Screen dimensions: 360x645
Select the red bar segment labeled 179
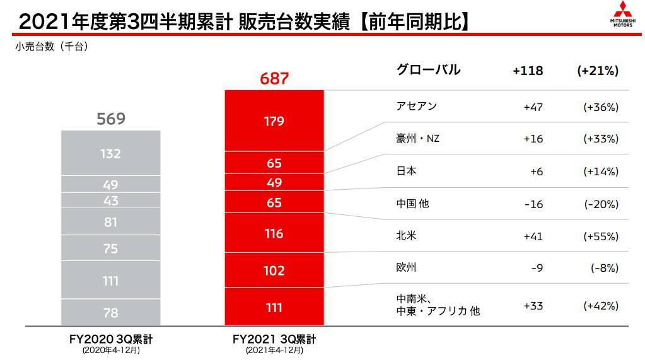(x=274, y=120)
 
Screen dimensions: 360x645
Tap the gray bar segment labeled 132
(x=110, y=153)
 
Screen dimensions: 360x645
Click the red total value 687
(x=274, y=79)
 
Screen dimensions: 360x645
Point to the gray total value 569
(x=110, y=119)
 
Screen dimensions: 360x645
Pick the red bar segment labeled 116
(x=274, y=234)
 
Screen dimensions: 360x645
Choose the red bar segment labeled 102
(x=274, y=270)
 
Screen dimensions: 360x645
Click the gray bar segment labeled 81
(x=110, y=222)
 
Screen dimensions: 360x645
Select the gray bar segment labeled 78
(x=110, y=312)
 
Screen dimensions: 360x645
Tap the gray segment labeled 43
(x=110, y=200)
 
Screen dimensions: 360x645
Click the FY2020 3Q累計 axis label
(x=110, y=339)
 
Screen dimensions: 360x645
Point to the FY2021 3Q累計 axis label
(x=274, y=339)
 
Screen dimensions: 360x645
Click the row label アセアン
(x=415, y=107)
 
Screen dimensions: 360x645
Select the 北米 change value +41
(x=533, y=236)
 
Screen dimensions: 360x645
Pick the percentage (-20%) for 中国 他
(x=600, y=204)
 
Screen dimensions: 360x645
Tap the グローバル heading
(x=427, y=70)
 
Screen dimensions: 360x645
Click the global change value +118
(x=528, y=71)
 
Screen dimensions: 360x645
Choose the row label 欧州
(x=407, y=268)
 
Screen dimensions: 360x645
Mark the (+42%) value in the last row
(x=600, y=306)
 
